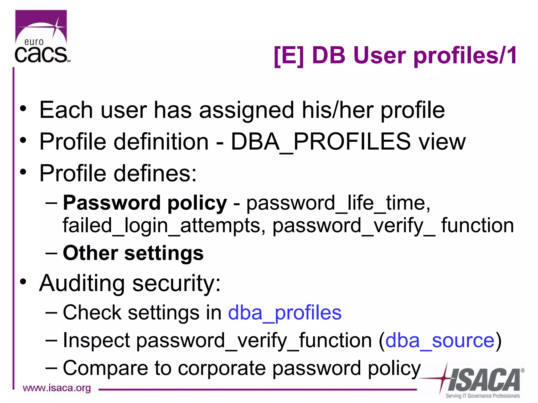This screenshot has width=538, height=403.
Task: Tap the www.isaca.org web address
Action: (57, 388)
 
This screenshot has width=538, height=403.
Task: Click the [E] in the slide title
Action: (289, 56)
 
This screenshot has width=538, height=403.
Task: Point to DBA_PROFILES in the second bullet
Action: (320, 142)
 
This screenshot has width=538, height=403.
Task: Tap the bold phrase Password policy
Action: (145, 203)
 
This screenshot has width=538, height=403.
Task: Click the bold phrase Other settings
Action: (133, 253)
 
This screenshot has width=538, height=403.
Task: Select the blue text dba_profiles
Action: (284, 313)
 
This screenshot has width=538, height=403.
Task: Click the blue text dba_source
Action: (440, 341)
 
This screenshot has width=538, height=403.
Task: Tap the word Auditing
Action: (82, 283)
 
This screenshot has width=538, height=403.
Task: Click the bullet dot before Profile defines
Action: (23, 172)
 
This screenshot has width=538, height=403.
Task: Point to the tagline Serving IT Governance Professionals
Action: (483, 396)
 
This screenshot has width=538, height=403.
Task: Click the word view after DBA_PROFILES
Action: (442, 142)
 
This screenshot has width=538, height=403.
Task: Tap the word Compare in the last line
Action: (106, 368)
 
